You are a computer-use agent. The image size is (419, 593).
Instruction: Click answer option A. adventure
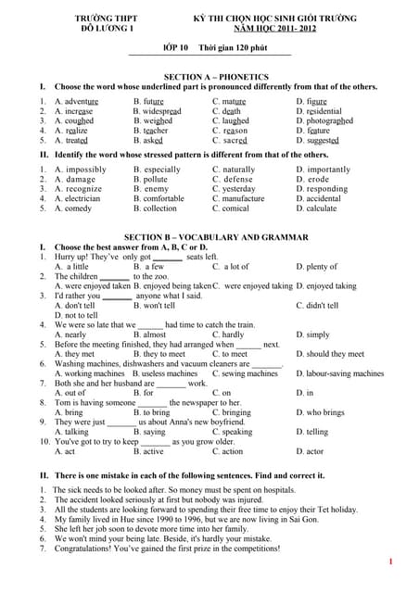(x=76, y=101)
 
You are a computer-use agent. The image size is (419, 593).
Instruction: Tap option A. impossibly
(x=81, y=170)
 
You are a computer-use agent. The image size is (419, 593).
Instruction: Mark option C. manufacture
(x=238, y=199)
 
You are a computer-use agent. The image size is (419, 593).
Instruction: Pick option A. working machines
(x=87, y=373)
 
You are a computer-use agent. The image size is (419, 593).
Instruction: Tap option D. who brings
(x=320, y=412)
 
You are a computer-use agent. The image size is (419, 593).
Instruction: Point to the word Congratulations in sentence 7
(x=88, y=549)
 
